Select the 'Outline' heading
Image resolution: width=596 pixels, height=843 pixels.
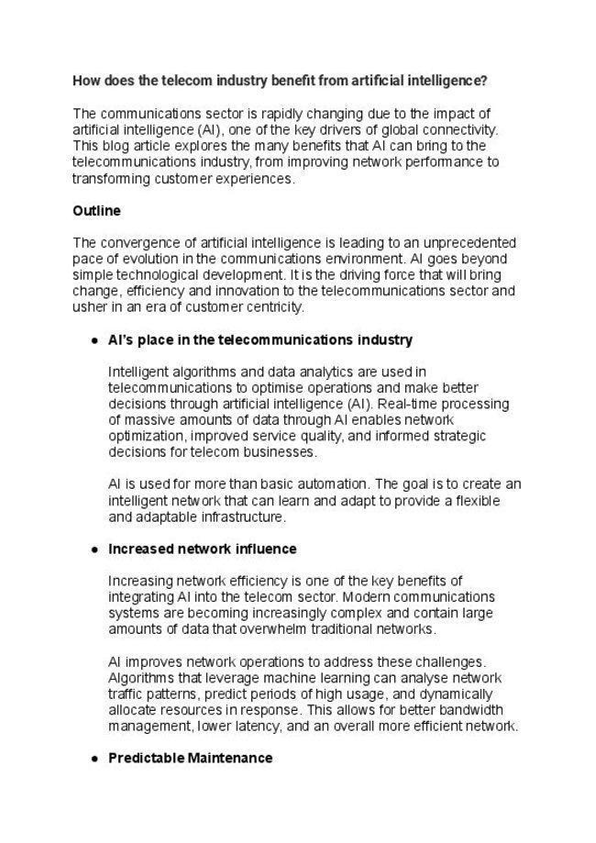pyautogui.click(x=96, y=210)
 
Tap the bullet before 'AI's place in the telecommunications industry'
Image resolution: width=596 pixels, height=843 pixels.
pyautogui.click(x=94, y=340)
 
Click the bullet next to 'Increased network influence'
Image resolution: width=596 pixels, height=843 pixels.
pyautogui.click(x=94, y=549)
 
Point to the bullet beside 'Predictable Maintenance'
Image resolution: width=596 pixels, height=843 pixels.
pyautogui.click(x=94, y=759)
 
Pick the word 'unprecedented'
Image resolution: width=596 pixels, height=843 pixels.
pyautogui.click(x=469, y=242)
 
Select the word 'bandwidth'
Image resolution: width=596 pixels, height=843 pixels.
pyautogui.click(x=475, y=710)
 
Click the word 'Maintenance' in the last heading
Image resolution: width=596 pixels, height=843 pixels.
pyautogui.click(x=229, y=759)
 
